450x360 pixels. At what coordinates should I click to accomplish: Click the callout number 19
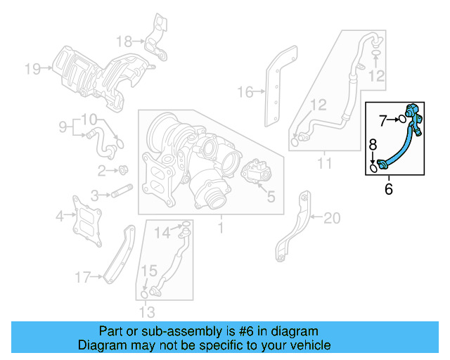pyautogui.click(x=32, y=68)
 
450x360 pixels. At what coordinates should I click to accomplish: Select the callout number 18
pyautogui.click(x=124, y=40)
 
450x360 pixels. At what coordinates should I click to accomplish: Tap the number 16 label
pyautogui.click(x=244, y=91)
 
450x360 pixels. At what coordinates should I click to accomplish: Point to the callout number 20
pyautogui.click(x=331, y=219)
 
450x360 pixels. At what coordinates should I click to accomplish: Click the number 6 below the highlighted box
pyautogui.click(x=388, y=189)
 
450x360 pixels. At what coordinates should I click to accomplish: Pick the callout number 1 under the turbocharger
pyautogui.click(x=220, y=229)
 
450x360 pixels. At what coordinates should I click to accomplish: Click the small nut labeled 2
pyautogui.click(x=124, y=169)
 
